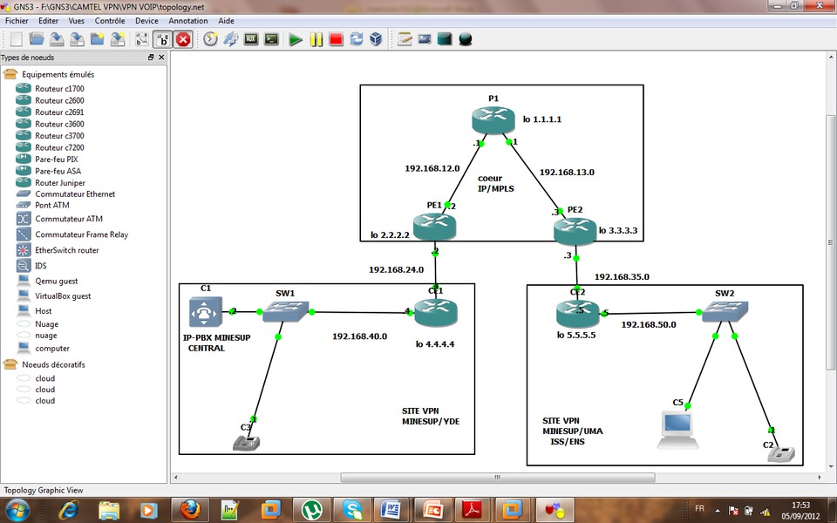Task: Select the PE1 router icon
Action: (x=434, y=228)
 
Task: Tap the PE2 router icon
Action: (x=575, y=230)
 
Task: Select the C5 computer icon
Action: (x=677, y=427)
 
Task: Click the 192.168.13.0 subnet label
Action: (x=567, y=172)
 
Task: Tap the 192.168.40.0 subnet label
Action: (x=359, y=336)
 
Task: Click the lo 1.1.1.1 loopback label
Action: (x=542, y=119)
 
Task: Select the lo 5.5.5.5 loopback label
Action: (x=576, y=336)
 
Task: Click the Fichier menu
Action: (x=17, y=21)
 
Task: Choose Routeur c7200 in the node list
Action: (x=59, y=147)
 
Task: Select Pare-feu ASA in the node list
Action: (x=58, y=171)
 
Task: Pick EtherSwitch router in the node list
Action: (x=66, y=250)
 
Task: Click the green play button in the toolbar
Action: (x=296, y=39)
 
